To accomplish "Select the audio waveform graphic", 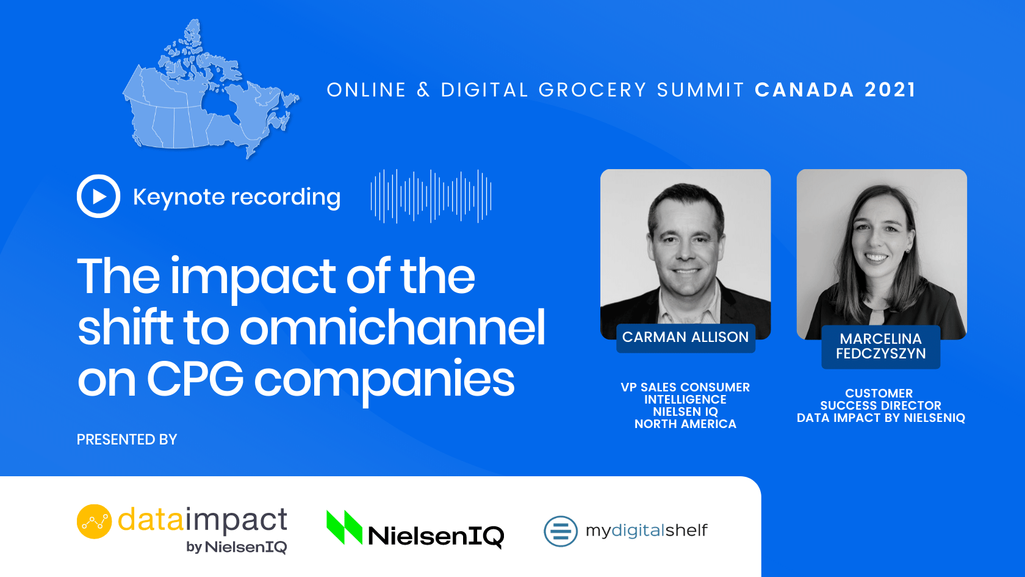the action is pos(431,196).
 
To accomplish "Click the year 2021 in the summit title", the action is pos(891,90).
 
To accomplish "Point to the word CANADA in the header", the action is pos(804,90).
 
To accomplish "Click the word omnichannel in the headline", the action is pos(393,327).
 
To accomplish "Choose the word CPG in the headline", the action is pos(195,379).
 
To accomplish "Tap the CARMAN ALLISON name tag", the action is pos(686,338).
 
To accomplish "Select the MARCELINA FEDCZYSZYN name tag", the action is pos(881,347).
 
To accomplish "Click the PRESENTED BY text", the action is pos(127,440).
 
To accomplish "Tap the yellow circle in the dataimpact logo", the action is pos(94,521).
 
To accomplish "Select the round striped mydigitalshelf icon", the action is pos(561,531).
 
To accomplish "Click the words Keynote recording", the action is pos(237,197).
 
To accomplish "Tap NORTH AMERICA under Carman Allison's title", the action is pos(686,424).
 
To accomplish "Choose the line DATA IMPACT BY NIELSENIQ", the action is pos(881,418).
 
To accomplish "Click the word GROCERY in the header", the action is pos(592,90).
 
